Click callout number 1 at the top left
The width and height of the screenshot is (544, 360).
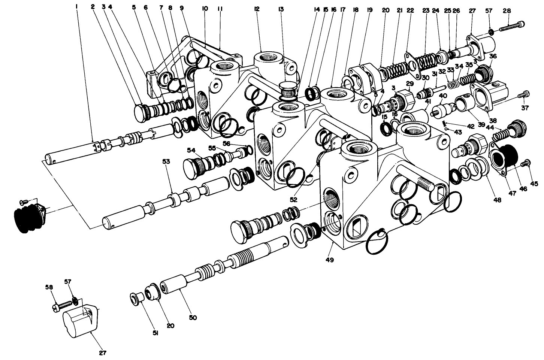pos(77,6)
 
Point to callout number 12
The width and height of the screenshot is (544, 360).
pos(257,9)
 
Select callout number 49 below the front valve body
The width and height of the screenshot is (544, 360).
pos(330,259)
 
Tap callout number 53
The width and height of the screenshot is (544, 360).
pos(166,162)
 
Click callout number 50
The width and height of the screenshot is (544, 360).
pos(193,318)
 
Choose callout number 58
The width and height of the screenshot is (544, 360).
pos(49,287)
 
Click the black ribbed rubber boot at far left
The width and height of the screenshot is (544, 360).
pos(28,217)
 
